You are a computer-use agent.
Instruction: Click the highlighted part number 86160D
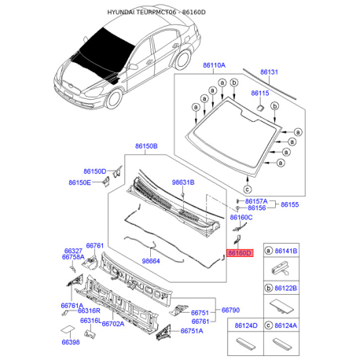[240, 253]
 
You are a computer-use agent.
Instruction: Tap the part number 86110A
[214, 65]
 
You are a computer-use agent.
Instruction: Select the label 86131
[269, 72]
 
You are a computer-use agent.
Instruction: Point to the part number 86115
[260, 93]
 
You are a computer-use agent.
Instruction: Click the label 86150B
[146, 146]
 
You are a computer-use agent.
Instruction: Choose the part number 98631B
[183, 182]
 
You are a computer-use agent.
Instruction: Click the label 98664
[151, 261]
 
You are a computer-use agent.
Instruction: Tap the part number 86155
[289, 204]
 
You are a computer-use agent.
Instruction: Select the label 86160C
[241, 217]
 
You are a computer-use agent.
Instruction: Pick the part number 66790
[230, 310]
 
